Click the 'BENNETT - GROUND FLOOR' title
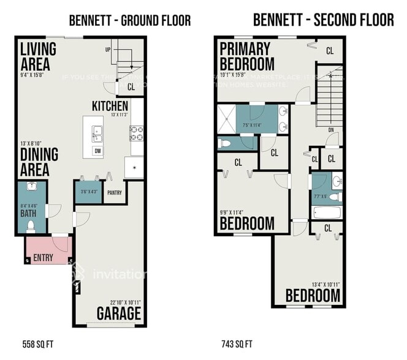(129, 20)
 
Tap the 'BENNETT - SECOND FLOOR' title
(324, 20)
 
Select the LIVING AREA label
(38, 56)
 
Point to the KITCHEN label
(110, 106)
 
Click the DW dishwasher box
(97, 151)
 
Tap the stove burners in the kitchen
(136, 133)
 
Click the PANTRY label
(115, 193)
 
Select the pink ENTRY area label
(43, 257)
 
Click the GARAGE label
(119, 314)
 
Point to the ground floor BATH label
(27, 214)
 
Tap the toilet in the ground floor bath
(31, 227)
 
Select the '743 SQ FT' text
(237, 343)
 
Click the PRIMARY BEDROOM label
(246, 56)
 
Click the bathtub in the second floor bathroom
(326, 214)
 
